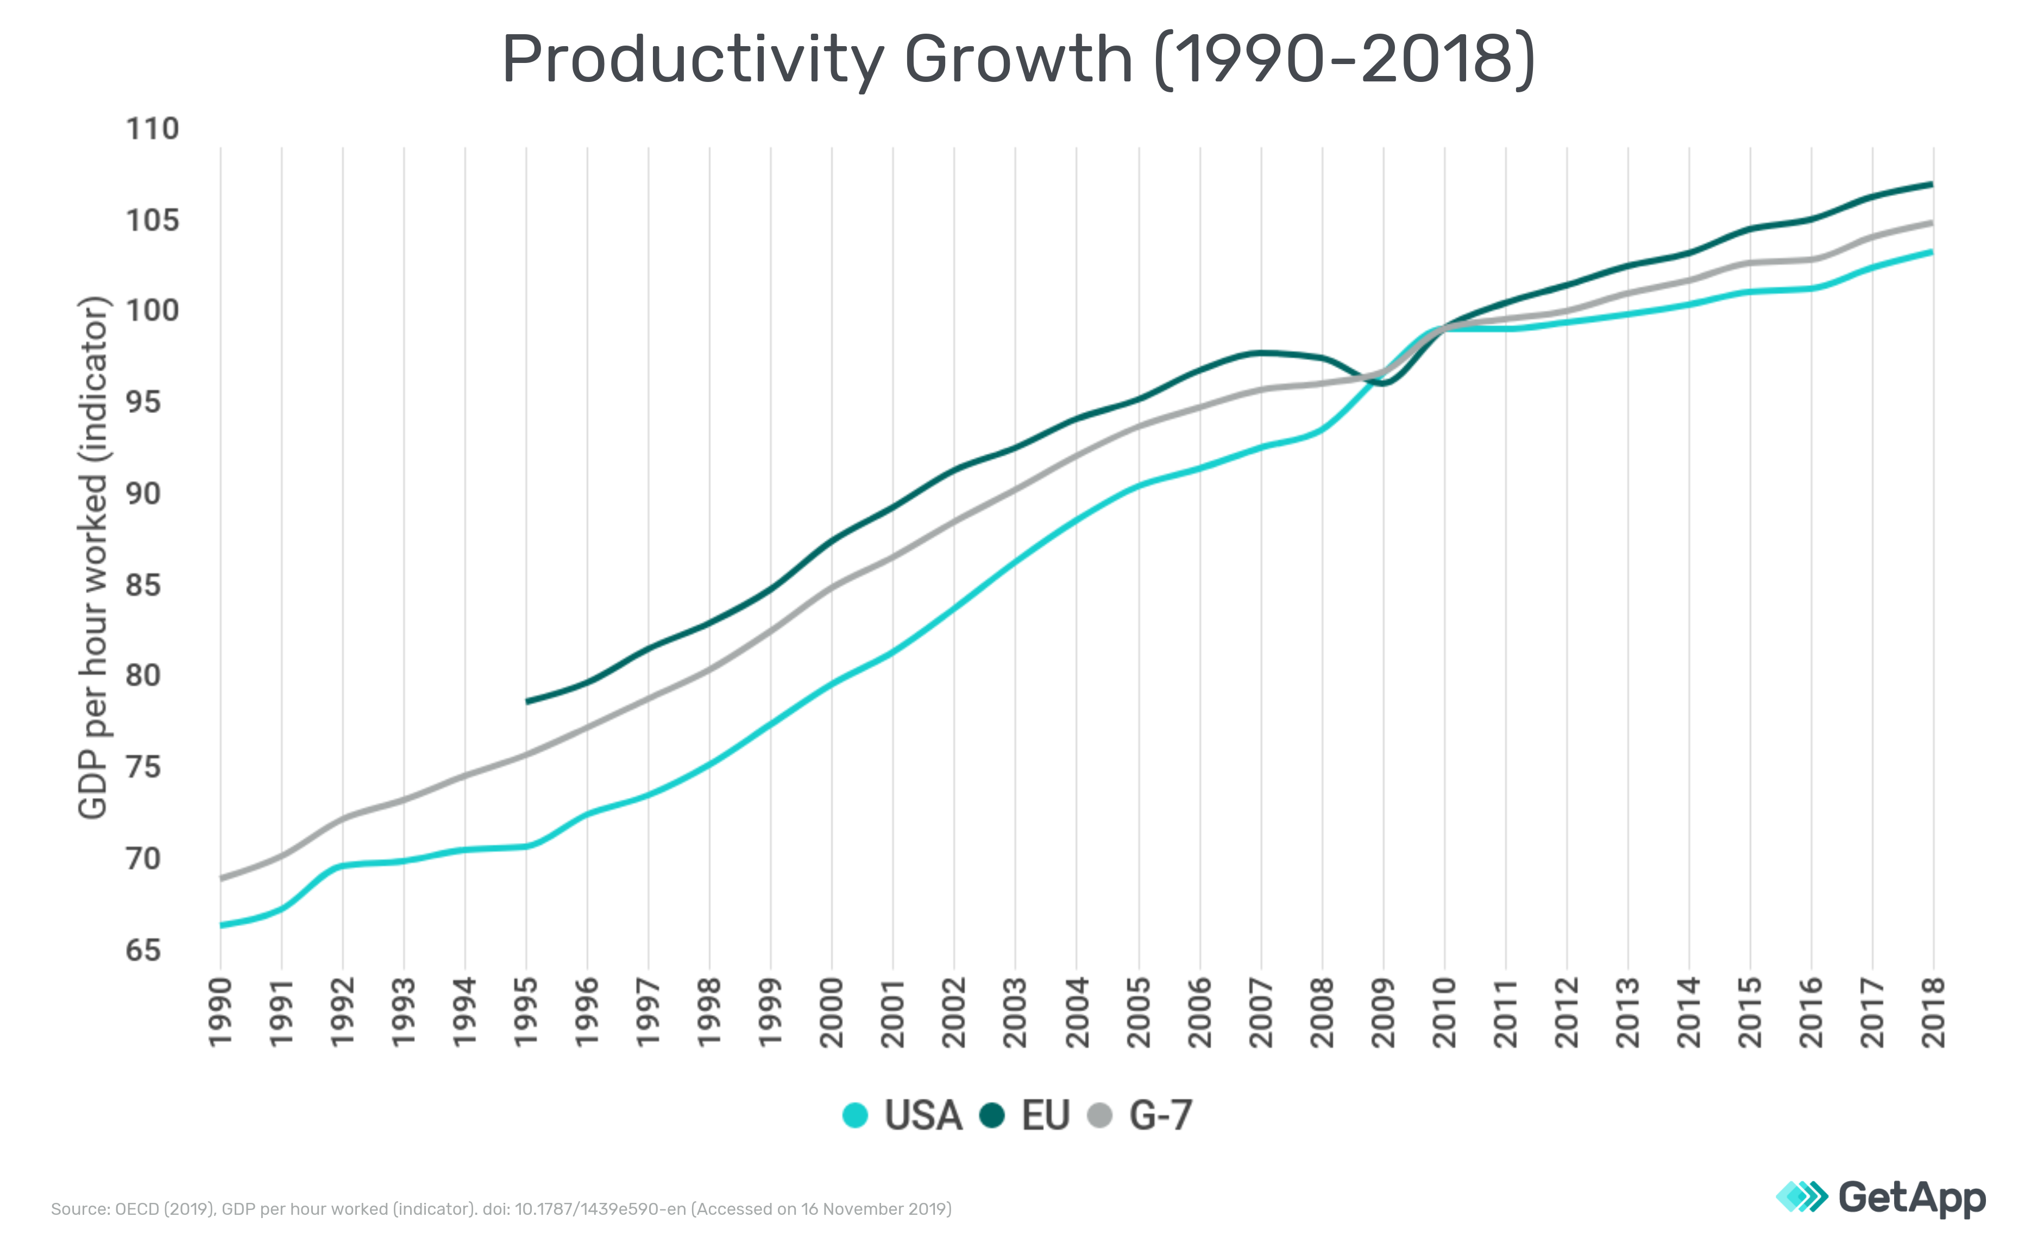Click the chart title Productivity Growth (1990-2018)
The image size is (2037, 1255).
[x=1018, y=60]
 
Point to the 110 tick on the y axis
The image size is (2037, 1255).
[x=152, y=130]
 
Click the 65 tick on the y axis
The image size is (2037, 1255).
[x=143, y=949]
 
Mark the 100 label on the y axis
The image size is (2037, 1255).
[x=152, y=311]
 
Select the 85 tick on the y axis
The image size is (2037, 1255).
[x=143, y=585]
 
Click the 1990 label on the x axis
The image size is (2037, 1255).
[x=220, y=1013]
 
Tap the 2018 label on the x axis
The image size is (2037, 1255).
[x=1934, y=1013]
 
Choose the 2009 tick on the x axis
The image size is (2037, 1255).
[x=1384, y=1013]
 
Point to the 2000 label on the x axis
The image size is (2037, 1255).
[x=832, y=1013]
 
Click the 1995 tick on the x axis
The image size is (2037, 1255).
[x=526, y=1013]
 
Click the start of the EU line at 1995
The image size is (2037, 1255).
[x=526, y=701]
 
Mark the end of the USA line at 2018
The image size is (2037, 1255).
[x=1932, y=251]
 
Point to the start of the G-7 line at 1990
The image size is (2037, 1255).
[x=221, y=877]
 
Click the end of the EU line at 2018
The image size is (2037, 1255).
[x=1932, y=183]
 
